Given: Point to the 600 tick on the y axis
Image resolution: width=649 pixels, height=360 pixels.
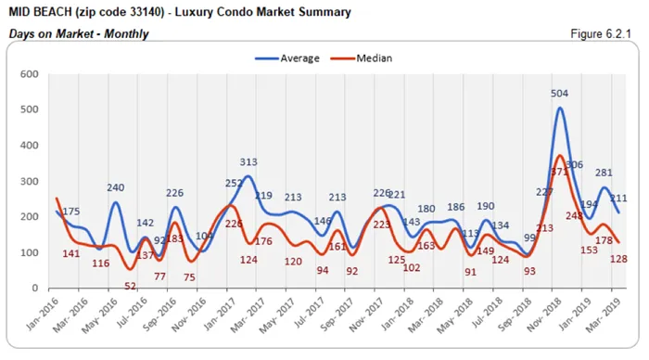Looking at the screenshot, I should (28, 74).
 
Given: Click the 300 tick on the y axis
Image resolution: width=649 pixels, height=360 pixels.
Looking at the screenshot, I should (28, 182).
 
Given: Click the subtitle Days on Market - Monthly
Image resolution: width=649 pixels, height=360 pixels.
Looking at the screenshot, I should (78, 33).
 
